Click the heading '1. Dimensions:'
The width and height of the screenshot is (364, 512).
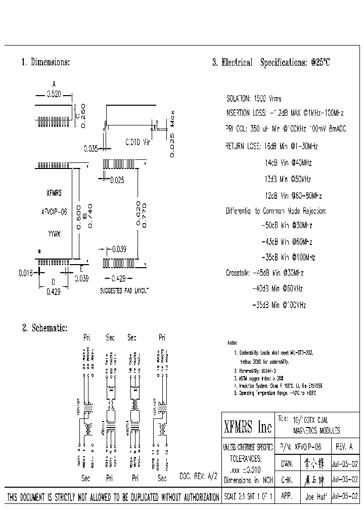tap(45, 62)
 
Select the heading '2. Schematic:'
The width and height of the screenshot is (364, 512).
tap(44, 328)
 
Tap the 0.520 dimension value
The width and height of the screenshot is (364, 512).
tap(54, 94)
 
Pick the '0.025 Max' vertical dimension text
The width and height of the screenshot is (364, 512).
tap(172, 134)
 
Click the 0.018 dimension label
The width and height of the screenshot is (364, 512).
tap(26, 273)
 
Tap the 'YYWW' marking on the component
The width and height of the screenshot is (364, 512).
tap(54, 235)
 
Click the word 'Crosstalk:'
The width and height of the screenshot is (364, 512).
tap(238, 273)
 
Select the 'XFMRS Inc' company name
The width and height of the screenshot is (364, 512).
tap(248, 428)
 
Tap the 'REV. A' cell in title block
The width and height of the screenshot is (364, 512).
tap(345, 447)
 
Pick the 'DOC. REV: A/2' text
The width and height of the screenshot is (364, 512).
tap(198, 477)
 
